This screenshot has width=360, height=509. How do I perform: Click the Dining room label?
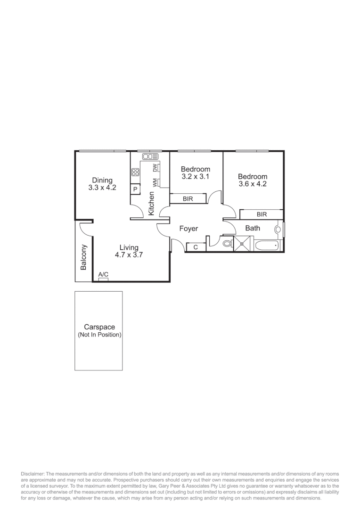pyautogui.click(x=102, y=180)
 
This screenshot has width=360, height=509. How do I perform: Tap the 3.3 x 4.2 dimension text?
pyautogui.click(x=102, y=188)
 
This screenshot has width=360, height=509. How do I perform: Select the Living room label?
pyautogui.click(x=129, y=247)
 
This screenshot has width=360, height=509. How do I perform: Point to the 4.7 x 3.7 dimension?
pyautogui.click(x=129, y=255)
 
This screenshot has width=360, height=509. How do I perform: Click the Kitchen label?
pyautogui.click(x=151, y=204)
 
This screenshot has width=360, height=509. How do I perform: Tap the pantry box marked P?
pyautogui.click(x=135, y=189)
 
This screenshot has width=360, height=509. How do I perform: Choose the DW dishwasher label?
pyautogui.click(x=155, y=167)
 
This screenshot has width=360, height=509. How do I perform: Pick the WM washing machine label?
pyautogui.click(x=155, y=182)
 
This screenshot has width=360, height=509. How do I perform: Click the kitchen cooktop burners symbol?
pyautogui.click(x=135, y=172)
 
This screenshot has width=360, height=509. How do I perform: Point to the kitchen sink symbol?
pyautogui.click(x=150, y=156)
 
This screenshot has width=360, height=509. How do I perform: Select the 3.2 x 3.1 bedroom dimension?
pyautogui.click(x=196, y=176)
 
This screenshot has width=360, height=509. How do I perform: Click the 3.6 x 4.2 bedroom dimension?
pyautogui.click(x=253, y=184)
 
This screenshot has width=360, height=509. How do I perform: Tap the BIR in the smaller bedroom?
pyautogui.click(x=188, y=199)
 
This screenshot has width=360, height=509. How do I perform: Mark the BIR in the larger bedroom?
pyautogui.click(x=262, y=214)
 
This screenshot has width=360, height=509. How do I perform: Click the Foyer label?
pyautogui.click(x=188, y=229)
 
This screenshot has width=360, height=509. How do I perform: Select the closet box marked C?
pyautogui.click(x=196, y=246)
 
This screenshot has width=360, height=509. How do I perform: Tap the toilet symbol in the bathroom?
pyautogui.click(x=227, y=244)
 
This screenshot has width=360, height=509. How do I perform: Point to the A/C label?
pyautogui.click(x=103, y=275)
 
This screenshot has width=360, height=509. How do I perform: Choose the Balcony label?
pyautogui.click(x=84, y=257)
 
